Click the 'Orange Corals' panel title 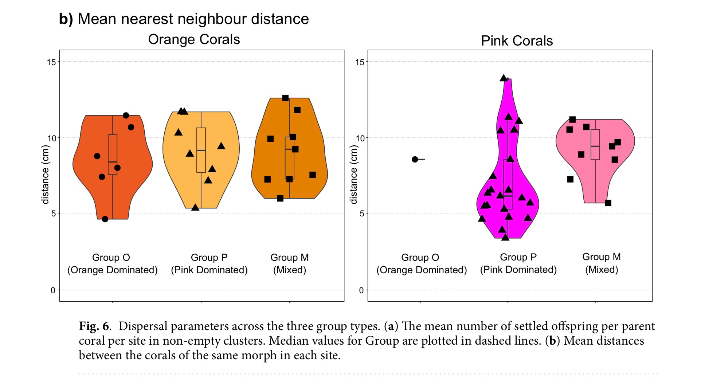[194, 39]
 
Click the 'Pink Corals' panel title [517, 41]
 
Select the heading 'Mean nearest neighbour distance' [193, 19]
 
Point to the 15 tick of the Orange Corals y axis [51, 62]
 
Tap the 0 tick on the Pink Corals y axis [361, 290]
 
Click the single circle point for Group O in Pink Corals [415, 159]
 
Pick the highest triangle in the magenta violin [504, 78]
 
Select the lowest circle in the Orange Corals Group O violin [105, 219]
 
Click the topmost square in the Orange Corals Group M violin [285, 98]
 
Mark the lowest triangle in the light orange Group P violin [195, 207]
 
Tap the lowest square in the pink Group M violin [608, 203]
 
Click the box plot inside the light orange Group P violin [201, 150]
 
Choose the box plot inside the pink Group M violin [595, 145]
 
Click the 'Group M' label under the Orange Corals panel [289, 258]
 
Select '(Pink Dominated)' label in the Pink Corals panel [518, 270]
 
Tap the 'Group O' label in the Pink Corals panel [420, 258]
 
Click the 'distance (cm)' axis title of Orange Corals [46, 175]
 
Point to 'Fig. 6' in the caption [94, 326]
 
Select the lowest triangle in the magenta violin [505, 237]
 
